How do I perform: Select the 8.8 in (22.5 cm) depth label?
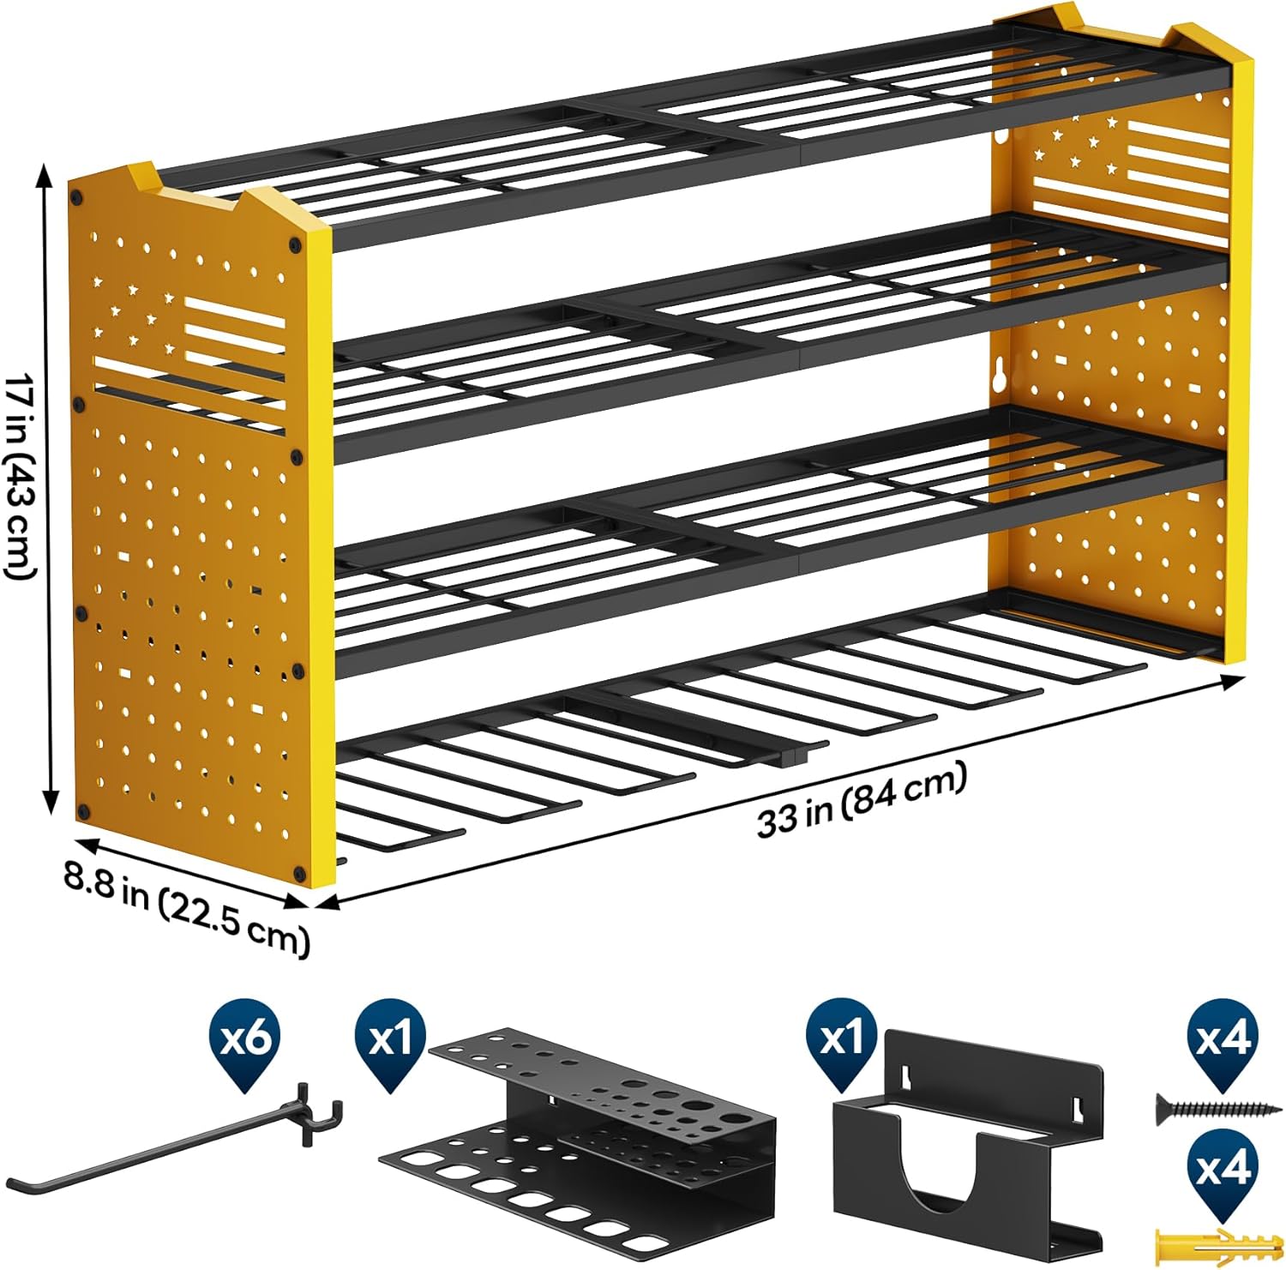pyautogui.click(x=185, y=908)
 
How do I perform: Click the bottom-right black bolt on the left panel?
pyautogui.click(x=299, y=873)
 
